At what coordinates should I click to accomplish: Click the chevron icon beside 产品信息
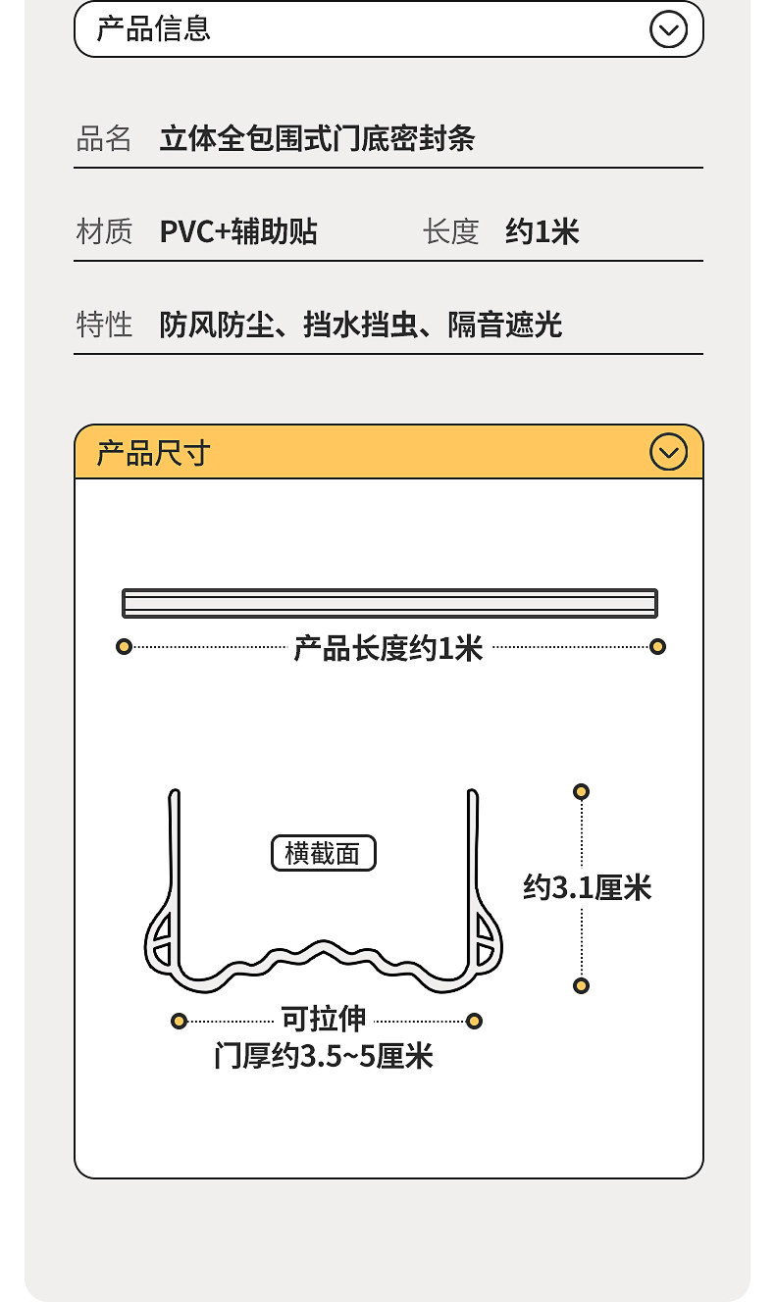[x=668, y=29]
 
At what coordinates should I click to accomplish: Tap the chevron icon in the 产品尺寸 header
[x=668, y=452]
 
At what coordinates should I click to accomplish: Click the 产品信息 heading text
[x=153, y=28]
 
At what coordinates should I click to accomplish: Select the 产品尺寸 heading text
[x=153, y=453]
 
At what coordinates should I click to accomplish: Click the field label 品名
[x=104, y=138]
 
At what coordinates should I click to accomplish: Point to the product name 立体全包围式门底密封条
[x=317, y=138]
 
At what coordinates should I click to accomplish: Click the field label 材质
[x=104, y=231]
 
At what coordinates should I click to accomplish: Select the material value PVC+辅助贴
[x=238, y=231]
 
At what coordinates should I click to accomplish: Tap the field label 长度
[x=450, y=231]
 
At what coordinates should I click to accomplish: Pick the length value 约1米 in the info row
[x=542, y=231]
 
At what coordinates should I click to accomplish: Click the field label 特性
[x=104, y=324]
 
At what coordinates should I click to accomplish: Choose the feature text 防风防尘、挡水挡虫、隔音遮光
[x=360, y=324]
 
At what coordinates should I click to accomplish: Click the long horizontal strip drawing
[x=389, y=603]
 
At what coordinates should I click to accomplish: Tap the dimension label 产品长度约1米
[x=388, y=647]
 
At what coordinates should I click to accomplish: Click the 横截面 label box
[x=323, y=854]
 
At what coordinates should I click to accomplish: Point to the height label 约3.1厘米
[x=587, y=888]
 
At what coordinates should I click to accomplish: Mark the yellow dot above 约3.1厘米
[x=581, y=791]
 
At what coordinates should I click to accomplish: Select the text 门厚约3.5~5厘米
[x=323, y=1057]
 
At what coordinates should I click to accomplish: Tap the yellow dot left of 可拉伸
[x=179, y=1021]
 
